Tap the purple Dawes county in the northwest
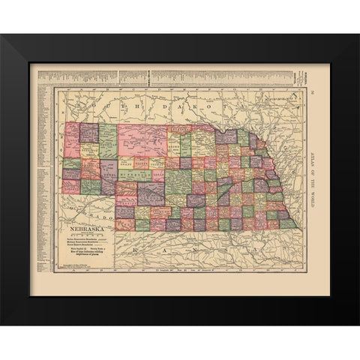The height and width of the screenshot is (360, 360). [89, 133]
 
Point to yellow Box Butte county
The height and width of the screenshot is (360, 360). [90, 151]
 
